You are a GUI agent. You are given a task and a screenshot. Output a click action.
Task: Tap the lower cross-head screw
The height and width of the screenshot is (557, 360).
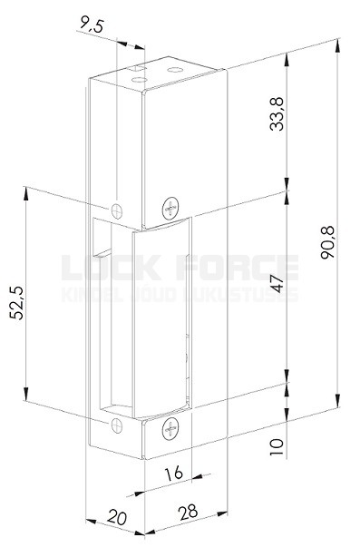tap(170, 429)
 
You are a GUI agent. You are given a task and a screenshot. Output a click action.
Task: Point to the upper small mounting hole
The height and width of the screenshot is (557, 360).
tap(117, 210)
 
